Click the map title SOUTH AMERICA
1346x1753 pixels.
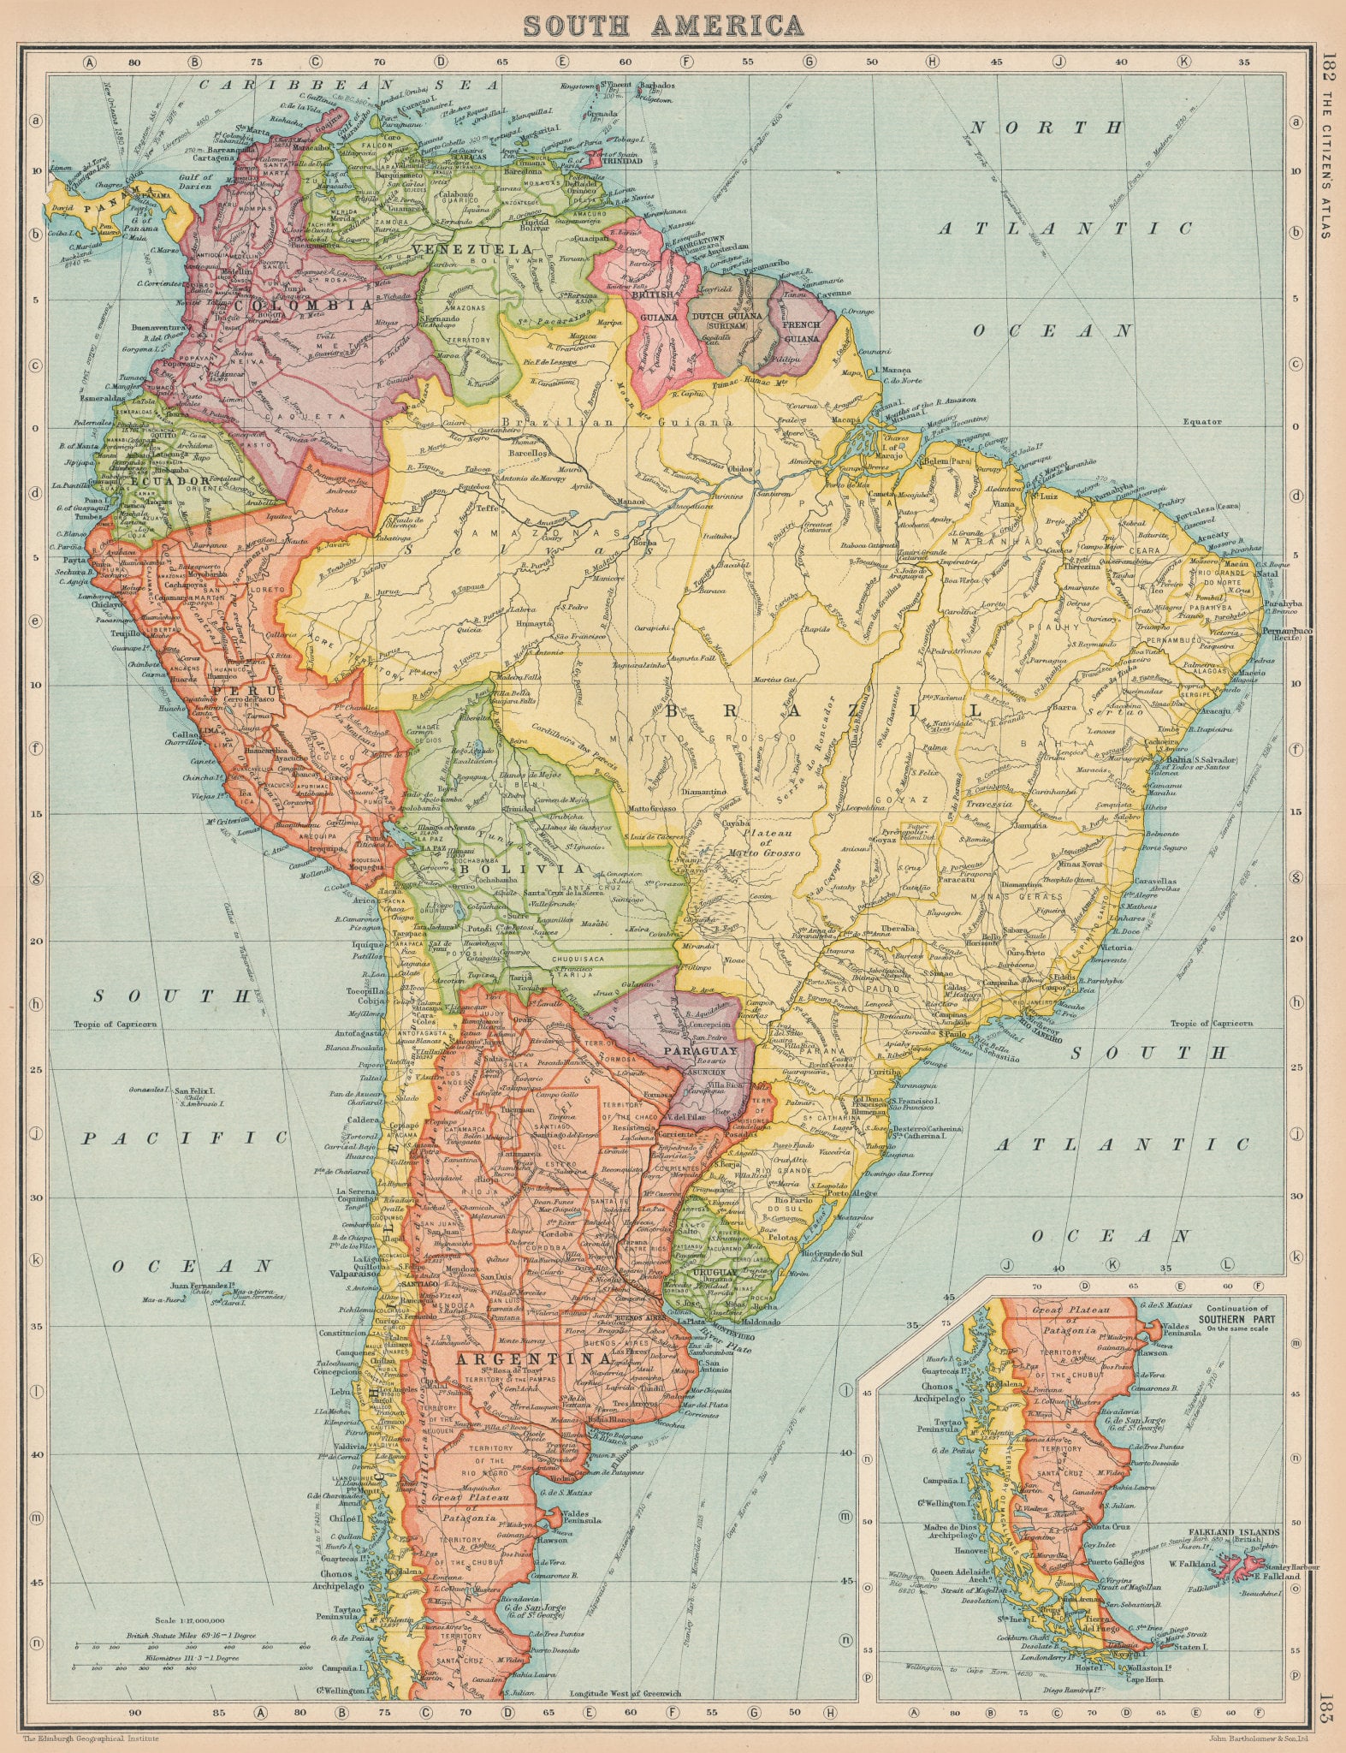tap(664, 25)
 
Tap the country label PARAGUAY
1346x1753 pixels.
tap(699, 1050)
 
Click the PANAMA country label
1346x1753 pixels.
tap(118, 190)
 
